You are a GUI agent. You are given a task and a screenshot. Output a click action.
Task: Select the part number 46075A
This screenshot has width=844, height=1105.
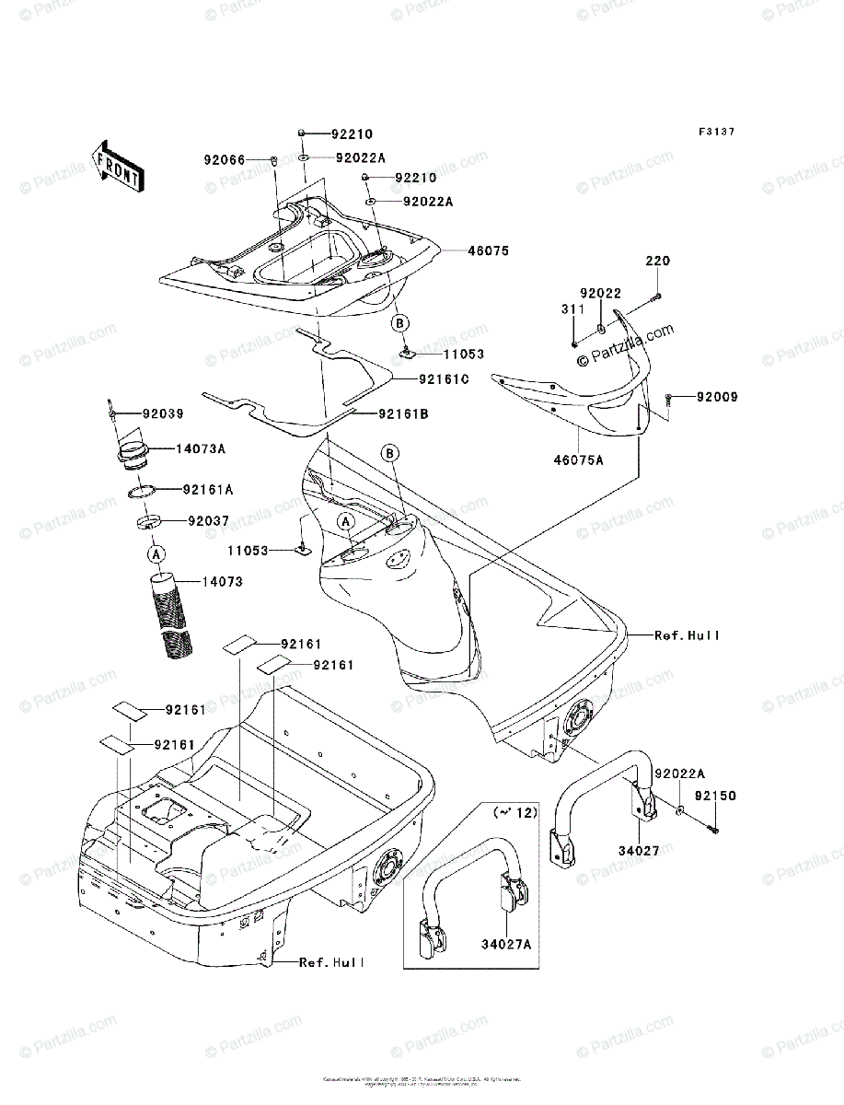[x=578, y=459]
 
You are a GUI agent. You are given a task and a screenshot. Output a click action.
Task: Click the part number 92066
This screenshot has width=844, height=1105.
[x=224, y=159]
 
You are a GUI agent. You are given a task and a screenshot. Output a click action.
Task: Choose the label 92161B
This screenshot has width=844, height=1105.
[x=403, y=414]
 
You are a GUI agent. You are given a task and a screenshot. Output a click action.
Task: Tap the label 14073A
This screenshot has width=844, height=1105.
[x=202, y=449]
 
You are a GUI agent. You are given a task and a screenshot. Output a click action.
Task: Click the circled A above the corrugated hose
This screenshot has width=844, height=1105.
[x=156, y=553]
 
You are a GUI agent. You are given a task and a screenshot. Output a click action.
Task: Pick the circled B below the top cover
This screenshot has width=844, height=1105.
[x=400, y=323]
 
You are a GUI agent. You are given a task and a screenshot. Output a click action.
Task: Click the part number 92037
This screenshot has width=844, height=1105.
[x=208, y=520]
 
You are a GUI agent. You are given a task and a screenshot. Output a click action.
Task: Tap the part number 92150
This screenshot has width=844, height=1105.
[x=715, y=796]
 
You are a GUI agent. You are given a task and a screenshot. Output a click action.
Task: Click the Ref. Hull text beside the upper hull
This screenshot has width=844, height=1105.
[x=687, y=635]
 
